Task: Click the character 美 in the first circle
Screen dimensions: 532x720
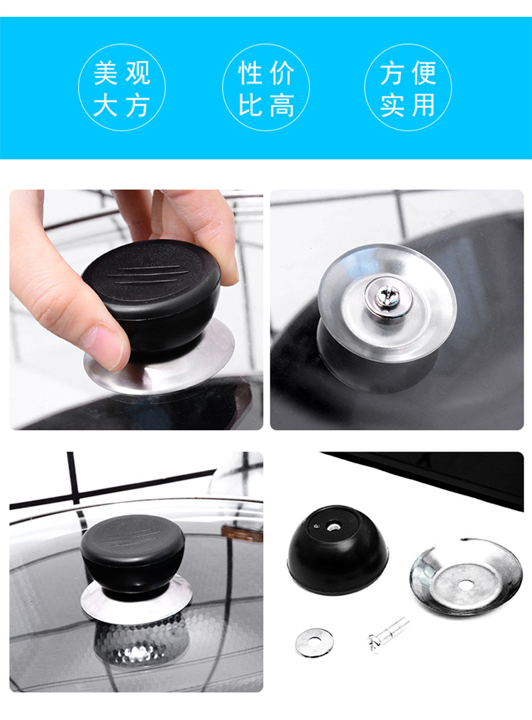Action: pos(106,73)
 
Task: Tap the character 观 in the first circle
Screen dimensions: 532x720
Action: pos(138,73)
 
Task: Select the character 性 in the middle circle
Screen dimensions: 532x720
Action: pos(250,73)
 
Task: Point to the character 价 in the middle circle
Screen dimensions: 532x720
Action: pos(282,73)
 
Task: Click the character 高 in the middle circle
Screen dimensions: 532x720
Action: pos(282,105)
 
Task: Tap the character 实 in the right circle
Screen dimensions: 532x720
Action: pos(392,105)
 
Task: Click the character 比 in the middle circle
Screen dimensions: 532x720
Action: pos(250,105)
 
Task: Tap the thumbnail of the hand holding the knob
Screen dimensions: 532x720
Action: pos(136,310)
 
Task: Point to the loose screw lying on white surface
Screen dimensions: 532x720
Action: pos(388,634)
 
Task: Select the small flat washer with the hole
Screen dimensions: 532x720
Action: pos(314,642)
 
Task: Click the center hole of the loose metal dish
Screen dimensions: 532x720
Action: pos(466,585)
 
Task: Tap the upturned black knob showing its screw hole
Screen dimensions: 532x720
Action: pos(338,549)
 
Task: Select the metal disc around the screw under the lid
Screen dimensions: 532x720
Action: pos(387,303)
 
